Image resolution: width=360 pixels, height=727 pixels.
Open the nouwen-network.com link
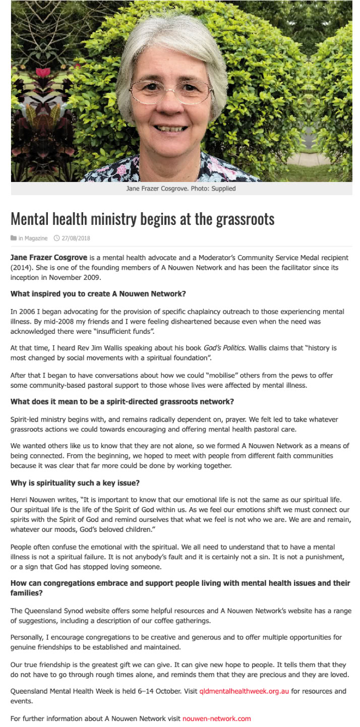(x=216, y=718)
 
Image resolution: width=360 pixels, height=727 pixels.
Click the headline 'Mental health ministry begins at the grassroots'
(x=143, y=219)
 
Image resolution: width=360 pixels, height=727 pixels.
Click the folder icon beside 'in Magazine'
(x=14, y=238)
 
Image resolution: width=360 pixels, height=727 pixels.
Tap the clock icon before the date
(x=56, y=238)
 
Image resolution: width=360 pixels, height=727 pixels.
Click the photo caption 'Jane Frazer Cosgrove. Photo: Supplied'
(x=181, y=189)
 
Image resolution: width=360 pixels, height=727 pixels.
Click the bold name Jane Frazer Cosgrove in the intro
(x=49, y=258)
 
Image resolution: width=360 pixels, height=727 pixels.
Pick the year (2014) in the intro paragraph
(x=23, y=267)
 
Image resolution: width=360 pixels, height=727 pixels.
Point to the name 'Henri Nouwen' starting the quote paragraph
(x=31, y=499)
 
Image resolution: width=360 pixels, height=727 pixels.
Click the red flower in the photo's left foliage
(x=43, y=72)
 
